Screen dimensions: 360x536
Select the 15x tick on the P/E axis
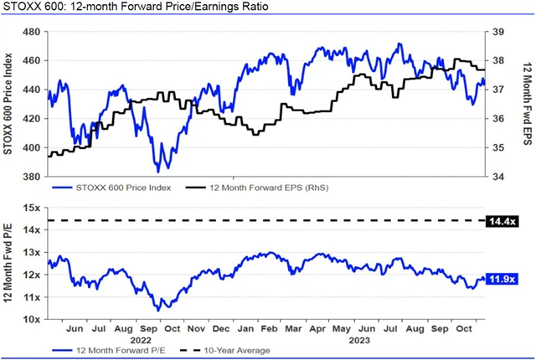click(x=33, y=208)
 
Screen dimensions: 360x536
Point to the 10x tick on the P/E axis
click(x=33, y=320)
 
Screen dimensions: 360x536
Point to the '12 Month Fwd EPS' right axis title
click(x=525, y=104)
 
